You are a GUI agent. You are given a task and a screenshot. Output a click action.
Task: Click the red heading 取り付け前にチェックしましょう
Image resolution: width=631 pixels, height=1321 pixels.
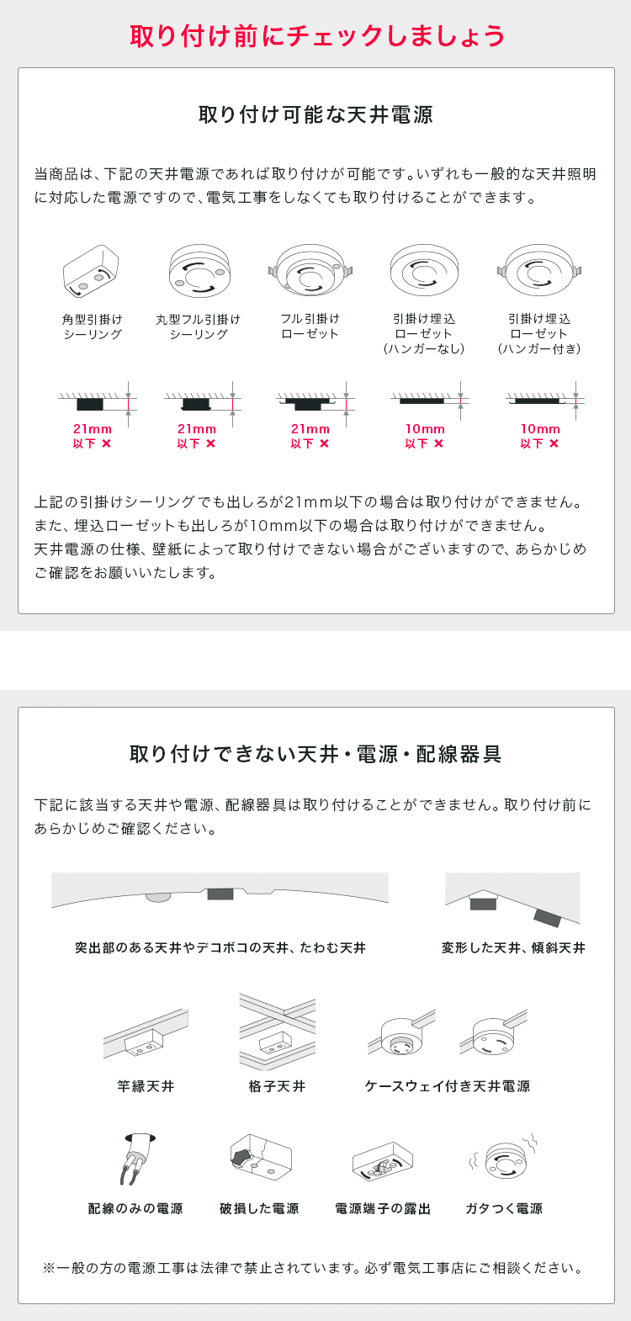[x=316, y=35]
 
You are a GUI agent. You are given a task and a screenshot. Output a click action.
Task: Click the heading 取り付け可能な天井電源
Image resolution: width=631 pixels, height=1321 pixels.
[x=315, y=114]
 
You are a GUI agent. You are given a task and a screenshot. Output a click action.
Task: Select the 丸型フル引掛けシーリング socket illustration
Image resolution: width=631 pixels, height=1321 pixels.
[x=199, y=271]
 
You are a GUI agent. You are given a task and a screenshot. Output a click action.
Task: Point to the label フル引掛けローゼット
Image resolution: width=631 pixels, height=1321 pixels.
[x=310, y=326]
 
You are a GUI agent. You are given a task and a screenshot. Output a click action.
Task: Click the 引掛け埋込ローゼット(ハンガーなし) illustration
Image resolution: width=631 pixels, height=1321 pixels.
[x=424, y=271]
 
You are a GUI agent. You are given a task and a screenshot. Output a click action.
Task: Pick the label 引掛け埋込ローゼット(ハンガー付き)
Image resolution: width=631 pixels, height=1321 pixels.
[x=539, y=333]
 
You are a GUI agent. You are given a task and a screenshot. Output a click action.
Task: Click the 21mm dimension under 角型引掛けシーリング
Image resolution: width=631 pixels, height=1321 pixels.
[x=93, y=429]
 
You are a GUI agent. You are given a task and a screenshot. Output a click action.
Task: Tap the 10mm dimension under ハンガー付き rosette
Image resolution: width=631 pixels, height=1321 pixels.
[x=539, y=429]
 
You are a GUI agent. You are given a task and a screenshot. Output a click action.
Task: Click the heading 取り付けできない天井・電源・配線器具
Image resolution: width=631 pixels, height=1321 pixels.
[x=315, y=754]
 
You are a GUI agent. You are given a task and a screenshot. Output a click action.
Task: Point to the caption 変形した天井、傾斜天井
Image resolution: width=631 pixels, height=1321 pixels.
[x=513, y=948]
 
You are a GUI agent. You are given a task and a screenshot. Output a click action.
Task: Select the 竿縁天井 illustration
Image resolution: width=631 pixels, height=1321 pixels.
[x=146, y=1035]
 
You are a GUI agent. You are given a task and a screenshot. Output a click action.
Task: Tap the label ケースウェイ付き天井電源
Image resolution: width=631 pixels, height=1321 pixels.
[x=448, y=1086]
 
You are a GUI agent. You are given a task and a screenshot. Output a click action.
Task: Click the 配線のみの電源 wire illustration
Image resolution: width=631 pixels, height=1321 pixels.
[x=135, y=1159]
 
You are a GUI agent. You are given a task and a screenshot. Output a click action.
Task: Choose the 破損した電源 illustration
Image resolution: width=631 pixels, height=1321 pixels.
[x=259, y=1158]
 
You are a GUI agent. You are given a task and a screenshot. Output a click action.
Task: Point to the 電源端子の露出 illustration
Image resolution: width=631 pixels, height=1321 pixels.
[x=383, y=1162]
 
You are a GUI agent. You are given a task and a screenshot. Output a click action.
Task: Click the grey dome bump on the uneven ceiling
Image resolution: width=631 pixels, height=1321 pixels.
[x=157, y=897]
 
